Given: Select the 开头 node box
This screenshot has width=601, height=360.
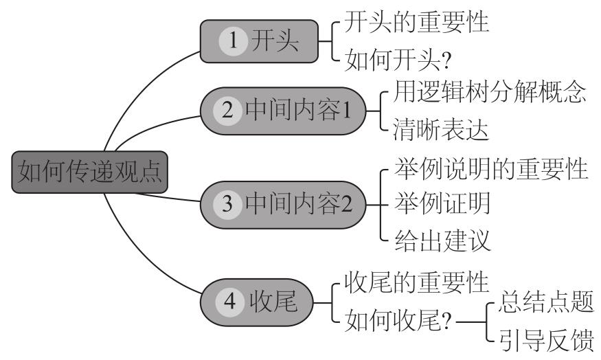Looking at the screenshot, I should [262, 41].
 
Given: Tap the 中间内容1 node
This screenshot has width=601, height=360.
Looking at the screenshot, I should [288, 111].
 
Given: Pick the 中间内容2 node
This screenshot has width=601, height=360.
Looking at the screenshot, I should [288, 203].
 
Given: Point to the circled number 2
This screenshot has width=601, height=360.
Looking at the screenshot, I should [224, 111].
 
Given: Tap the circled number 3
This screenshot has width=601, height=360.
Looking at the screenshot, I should [224, 203].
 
